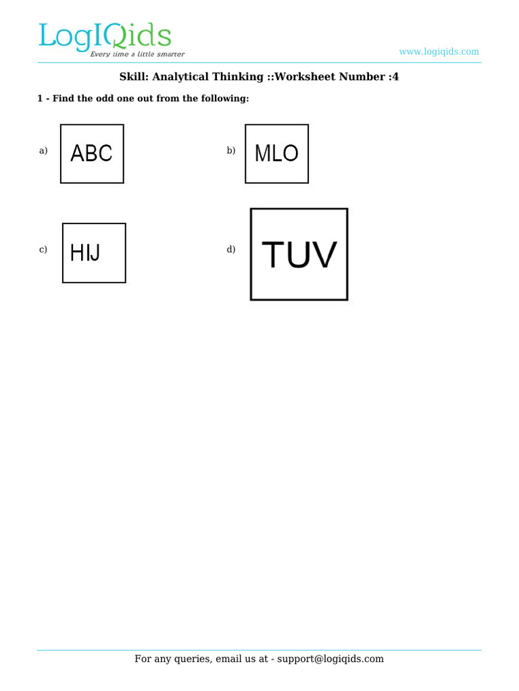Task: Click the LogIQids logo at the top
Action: point(105,37)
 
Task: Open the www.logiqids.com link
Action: point(439,52)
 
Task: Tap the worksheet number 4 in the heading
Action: point(395,77)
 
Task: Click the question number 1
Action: point(39,99)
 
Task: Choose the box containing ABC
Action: point(92,154)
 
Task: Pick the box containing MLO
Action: point(276,154)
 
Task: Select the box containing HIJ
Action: point(94,253)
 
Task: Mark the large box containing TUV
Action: point(299,254)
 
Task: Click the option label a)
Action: point(43,150)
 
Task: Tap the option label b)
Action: point(231,150)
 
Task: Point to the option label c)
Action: point(43,250)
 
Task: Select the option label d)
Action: point(231,250)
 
